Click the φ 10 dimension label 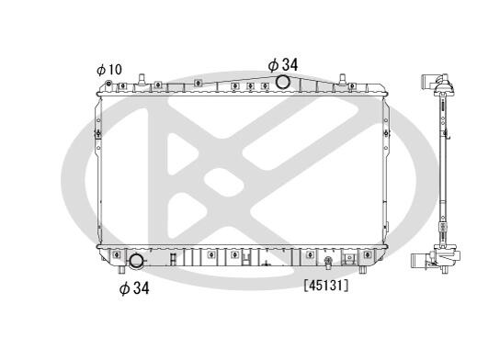click(x=109, y=70)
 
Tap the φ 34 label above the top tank click(x=282, y=65)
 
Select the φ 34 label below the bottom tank click(x=134, y=288)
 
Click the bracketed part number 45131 click(x=326, y=286)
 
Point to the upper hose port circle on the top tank click(x=282, y=82)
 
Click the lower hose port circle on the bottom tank click(x=136, y=261)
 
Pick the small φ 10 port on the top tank click(x=108, y=84)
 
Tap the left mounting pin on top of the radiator click(x=142, y=79)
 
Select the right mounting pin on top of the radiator click(x=343, y=79)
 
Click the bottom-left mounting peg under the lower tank click(x=121, y=270)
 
